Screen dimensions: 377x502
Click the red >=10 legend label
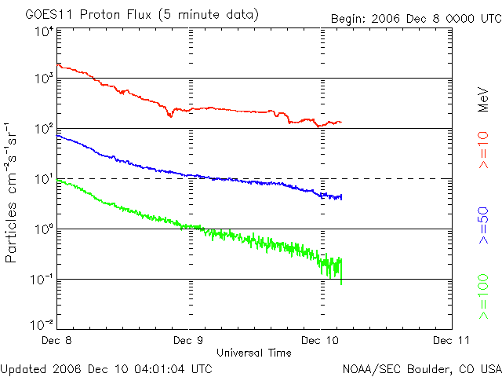tap(484, 149)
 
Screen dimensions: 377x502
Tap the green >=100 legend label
tap(484, 296)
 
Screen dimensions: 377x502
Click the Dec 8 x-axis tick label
tap(57, 341)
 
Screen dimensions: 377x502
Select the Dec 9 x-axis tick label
tap(189, 341)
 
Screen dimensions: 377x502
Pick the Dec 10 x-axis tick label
tap(320, 341)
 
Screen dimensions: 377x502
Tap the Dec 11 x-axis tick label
tap(451, 341)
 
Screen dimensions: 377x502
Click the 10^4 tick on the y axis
tap(43, 31)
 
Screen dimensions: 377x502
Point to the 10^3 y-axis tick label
tap(43, 79)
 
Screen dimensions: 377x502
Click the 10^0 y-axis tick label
tap(43, 229)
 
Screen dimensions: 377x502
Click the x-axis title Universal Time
tap(254, 353)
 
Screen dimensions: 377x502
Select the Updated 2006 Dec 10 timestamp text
tap(107, 368)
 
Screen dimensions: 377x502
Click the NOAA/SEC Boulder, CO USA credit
tap(421, 368)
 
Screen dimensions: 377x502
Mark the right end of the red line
tap(341, 122)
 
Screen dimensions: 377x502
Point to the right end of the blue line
tap(341, 196)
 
